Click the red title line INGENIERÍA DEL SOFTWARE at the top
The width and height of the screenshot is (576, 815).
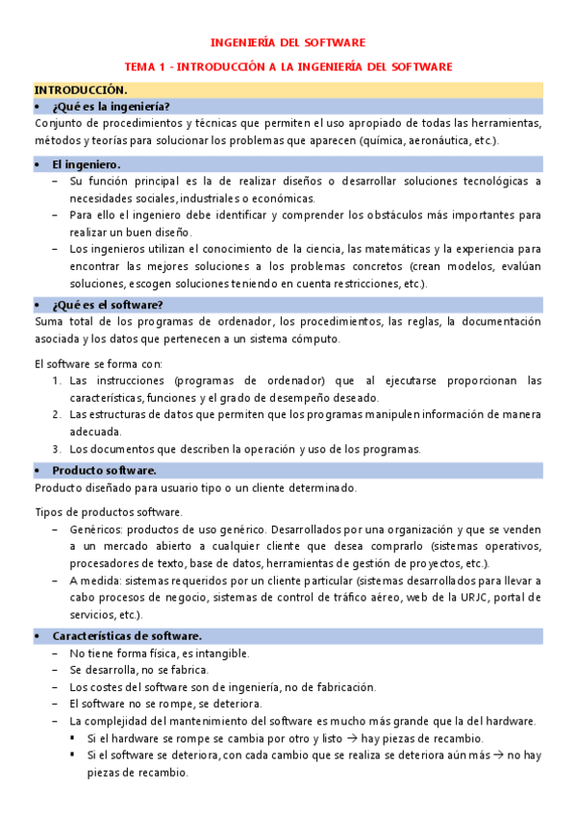(288, 43)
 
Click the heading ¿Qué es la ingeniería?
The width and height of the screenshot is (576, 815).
(112, 106)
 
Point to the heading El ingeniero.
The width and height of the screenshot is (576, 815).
(86, 164)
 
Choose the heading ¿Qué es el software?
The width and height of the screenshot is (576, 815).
(108, 305)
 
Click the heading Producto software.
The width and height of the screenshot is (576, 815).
(104, 470)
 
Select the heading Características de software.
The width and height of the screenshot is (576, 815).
(126, 636)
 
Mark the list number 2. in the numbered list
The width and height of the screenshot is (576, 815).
(57, 414)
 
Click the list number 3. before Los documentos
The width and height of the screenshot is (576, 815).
(57, 449)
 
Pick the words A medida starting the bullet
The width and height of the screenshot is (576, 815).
(92, 580)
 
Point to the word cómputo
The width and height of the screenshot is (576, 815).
(318, 339)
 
